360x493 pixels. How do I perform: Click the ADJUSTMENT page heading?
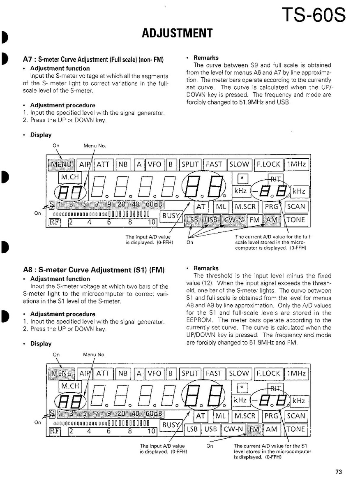pyautogui.click(x=177, y=33)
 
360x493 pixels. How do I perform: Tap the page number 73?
pyautogui.click(x=338, y=472)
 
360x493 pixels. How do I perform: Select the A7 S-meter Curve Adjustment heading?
pyautogui.click(x=93, y=60)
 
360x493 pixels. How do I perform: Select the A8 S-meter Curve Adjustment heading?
pyautogui.click(x=94, y=270)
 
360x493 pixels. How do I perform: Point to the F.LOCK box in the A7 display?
pyautogui.click(x=268, y=164)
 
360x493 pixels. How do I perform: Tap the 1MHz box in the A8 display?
pyautogui.click(x=296, y=374)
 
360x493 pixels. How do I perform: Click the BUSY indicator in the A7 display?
pyautogui.click(x=170, y=215)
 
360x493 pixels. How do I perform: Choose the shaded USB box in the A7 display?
pyautogui.click(x=211, y=220)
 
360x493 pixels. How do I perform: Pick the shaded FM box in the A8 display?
pyautogui.click(x=255, y=429)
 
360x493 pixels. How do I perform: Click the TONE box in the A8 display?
pyautogui.click(x=296, y=429)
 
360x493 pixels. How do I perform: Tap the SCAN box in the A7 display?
pyautogui.click(x=296, y=207)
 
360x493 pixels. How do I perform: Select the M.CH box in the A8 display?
pyautogui.click(x=70, y=387)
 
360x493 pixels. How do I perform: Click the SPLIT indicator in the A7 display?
pyautogui.click(x=190, y=164)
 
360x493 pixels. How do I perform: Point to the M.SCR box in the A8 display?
pyautogui.click(x=245, y=416)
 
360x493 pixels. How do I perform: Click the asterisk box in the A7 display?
pyautogui.click(x=243, y=178)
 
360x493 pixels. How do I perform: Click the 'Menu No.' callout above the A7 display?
pyautogui.click(x=95, y=146)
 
